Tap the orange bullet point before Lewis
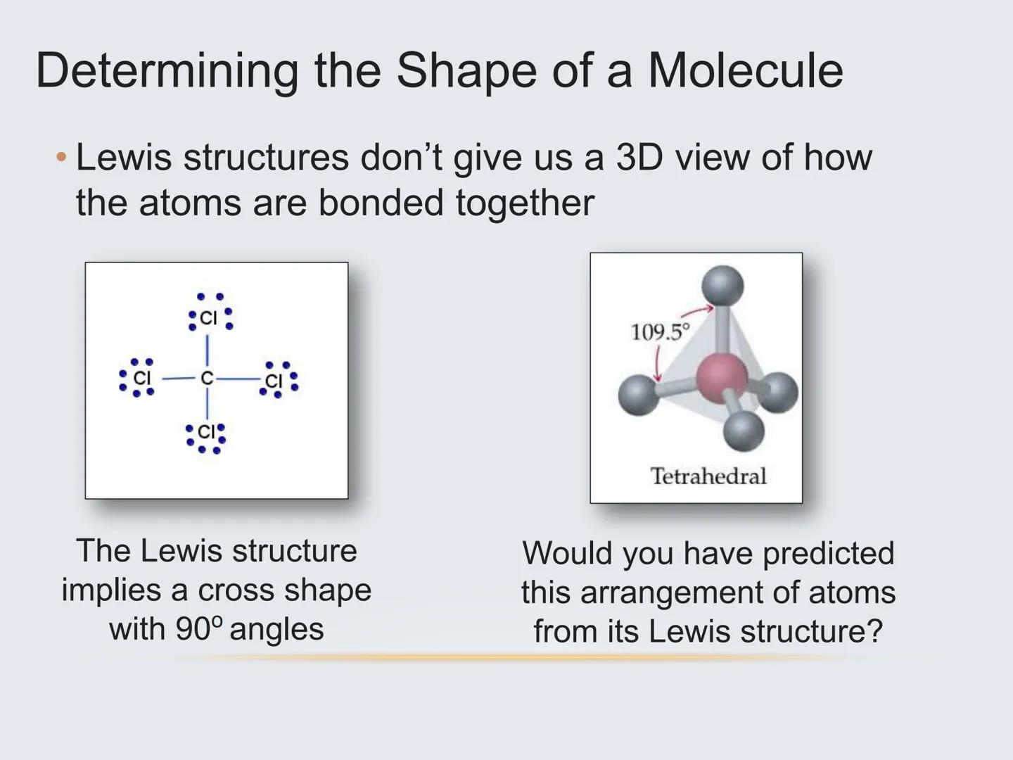point(62,157)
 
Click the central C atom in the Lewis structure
point(206,379)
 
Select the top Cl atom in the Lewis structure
point(209,318)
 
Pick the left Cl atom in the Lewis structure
point(142,378)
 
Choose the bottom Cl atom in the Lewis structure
point(206,431)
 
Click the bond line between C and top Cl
point(207,350)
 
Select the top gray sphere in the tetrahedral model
point(722,286)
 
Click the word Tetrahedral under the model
point(708,476)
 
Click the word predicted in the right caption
point(828,553)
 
